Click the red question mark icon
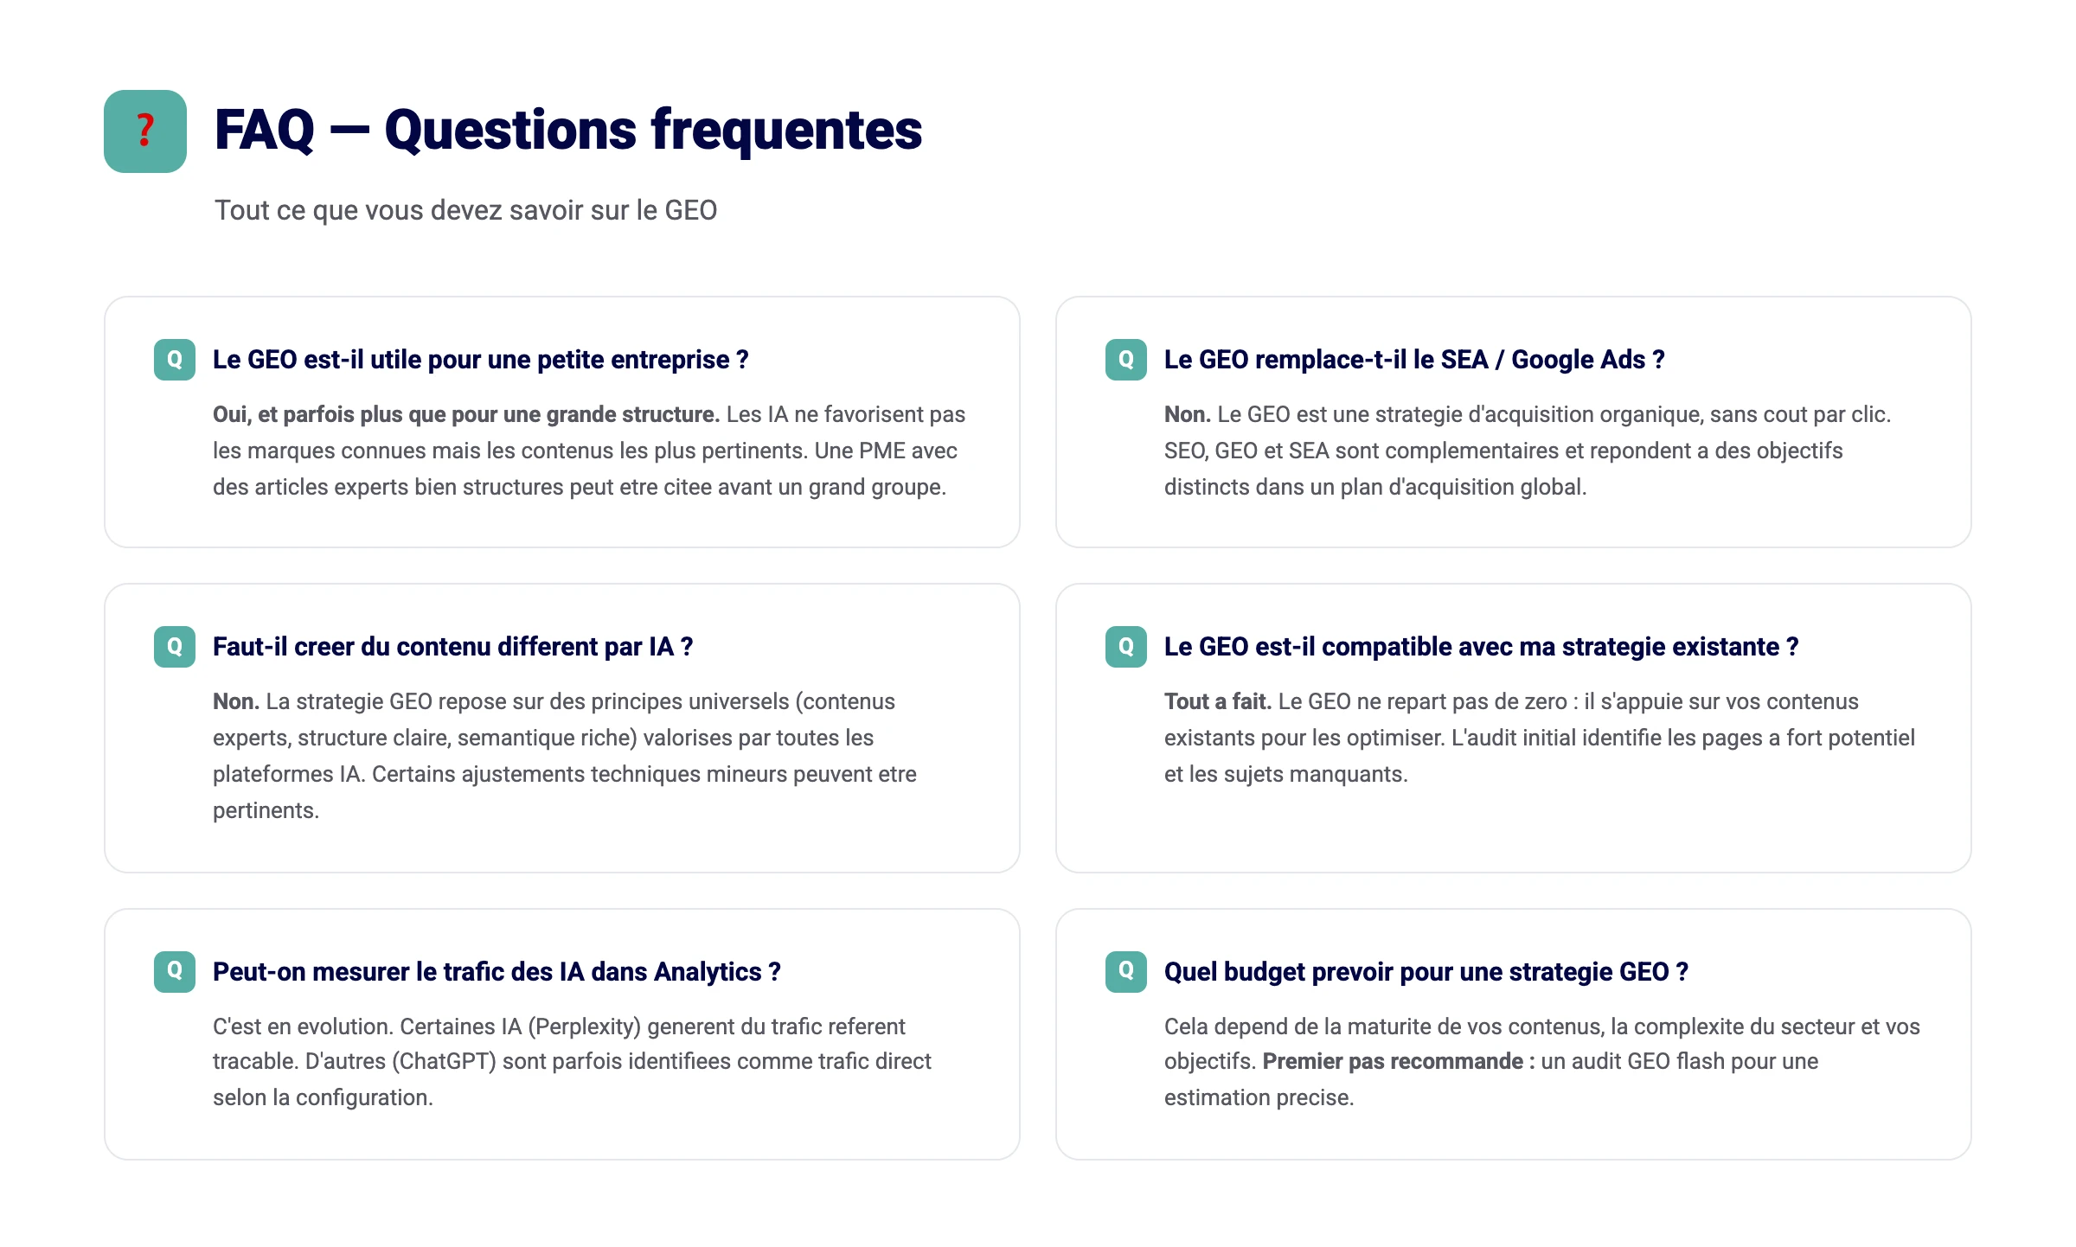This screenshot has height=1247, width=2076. (x=145, y=131)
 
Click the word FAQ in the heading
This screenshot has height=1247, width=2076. (x=264, y=131)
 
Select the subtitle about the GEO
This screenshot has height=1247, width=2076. (x=465, y=210)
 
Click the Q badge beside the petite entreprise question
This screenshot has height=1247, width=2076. (x=175, y=360)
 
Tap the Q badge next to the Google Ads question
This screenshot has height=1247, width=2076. (x=1126, y=360)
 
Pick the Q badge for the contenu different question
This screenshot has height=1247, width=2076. (x=175, y=647)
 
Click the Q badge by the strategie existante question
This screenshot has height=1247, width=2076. (x=1126, y=647)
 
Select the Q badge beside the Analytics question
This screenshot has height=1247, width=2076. (x=175, y=971)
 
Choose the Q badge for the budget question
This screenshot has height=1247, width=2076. (x=1126, y=971)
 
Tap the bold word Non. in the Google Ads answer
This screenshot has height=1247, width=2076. (x=1187, y=414)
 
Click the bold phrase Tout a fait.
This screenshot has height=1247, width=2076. (x=1217, y=701)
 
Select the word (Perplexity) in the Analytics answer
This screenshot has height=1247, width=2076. (x=584, y=1026)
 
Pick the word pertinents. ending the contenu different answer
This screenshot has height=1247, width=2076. (x=266, y=810)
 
